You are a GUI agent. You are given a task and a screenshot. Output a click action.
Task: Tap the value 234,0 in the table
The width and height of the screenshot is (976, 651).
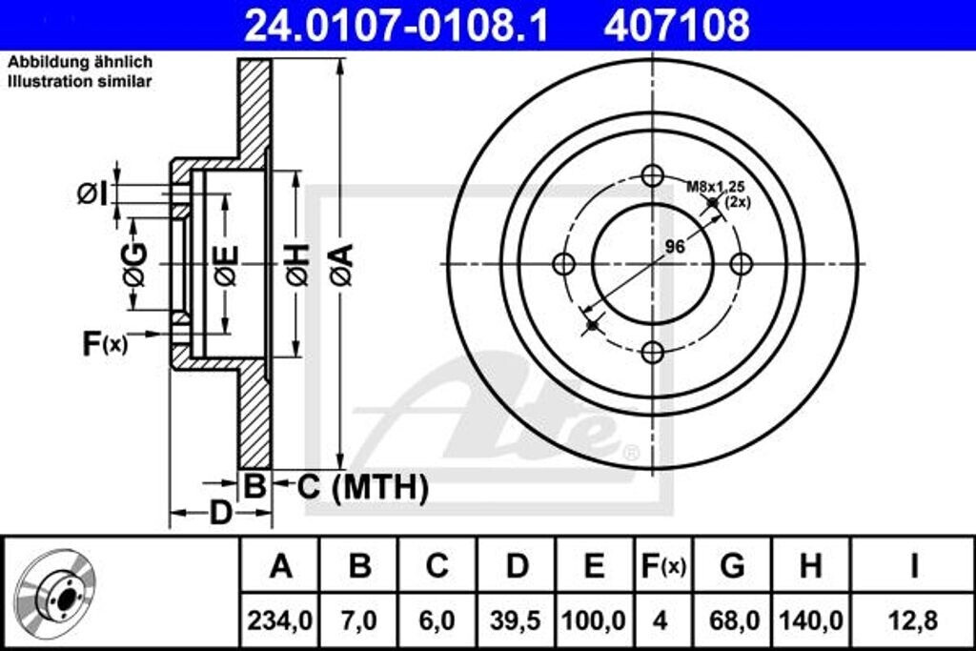[x=280, y=620]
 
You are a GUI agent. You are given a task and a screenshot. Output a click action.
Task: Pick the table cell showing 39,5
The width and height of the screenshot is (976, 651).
[x=517, y=620]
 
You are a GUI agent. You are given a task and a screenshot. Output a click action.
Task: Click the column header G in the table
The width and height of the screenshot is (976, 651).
[x=732, y=566]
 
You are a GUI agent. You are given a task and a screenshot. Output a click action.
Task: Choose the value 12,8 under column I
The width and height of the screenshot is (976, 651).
[x=913, y=620]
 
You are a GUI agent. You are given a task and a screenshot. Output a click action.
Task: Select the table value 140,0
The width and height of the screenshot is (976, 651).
[x=810, y=620]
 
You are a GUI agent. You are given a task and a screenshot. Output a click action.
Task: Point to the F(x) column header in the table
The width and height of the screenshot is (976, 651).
[x=661, y=566]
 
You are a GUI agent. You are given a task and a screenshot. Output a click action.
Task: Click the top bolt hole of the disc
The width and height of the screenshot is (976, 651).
[x=652, y=176]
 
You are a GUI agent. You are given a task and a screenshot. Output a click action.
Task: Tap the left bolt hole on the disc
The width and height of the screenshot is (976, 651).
[x=564, y=264]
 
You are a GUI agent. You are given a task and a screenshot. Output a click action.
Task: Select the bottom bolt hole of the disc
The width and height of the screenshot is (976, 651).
[x=652, y=353]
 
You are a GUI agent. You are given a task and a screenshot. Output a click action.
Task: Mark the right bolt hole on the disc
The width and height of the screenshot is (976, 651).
[x=741, y=264]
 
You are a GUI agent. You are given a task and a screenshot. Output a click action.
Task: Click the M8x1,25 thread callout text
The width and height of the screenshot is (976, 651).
[x=716, y=187]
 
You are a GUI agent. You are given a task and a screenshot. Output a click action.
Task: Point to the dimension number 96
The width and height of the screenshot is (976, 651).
[x=675, y=247]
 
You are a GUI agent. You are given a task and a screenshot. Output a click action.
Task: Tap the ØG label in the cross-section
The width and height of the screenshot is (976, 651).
[x=134, y=265]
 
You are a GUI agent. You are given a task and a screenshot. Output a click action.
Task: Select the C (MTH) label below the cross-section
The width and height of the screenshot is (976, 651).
[x=362, y=488]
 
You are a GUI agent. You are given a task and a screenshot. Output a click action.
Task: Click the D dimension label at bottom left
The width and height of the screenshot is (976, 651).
[x=221, y=514]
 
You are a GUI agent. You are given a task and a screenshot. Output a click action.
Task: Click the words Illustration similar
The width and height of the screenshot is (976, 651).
[x=80, y=82]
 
